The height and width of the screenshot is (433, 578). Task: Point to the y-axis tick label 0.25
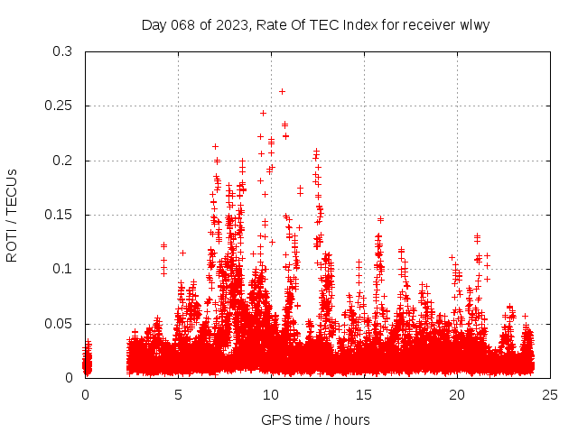58,106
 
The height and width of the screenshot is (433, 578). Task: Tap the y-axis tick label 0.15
58,215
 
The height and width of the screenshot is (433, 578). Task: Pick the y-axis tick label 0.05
58,323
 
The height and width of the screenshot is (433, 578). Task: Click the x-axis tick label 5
178,394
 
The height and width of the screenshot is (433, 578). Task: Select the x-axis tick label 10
271,394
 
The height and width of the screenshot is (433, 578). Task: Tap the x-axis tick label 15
364,394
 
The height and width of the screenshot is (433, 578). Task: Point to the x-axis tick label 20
457,394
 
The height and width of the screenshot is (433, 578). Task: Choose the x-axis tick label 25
550,394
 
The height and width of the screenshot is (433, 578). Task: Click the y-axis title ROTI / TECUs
12,215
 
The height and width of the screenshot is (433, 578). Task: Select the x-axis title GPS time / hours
315,419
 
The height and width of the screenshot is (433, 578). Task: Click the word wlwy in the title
473,24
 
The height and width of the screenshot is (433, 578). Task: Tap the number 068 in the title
181,24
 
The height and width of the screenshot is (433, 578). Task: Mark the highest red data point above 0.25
283,91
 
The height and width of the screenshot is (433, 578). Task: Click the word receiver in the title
427,24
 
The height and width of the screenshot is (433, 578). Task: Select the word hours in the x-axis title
351,419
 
